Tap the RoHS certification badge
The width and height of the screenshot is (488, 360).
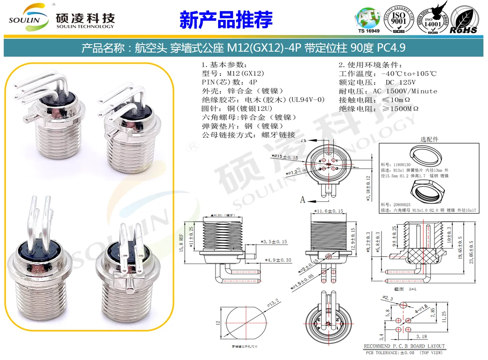click(x=463, y=20)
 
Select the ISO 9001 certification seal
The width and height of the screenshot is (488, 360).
click(x=398, y=19)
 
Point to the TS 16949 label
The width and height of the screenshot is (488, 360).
click(x=369, y=31)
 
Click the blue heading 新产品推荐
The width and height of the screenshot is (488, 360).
click(x=226, y=20)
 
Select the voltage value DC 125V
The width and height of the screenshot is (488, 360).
click(x=401, y=82)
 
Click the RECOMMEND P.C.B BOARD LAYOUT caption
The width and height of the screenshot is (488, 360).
click(x=404, y=346)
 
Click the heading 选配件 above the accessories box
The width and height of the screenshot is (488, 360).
click(x=429, y=139)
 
